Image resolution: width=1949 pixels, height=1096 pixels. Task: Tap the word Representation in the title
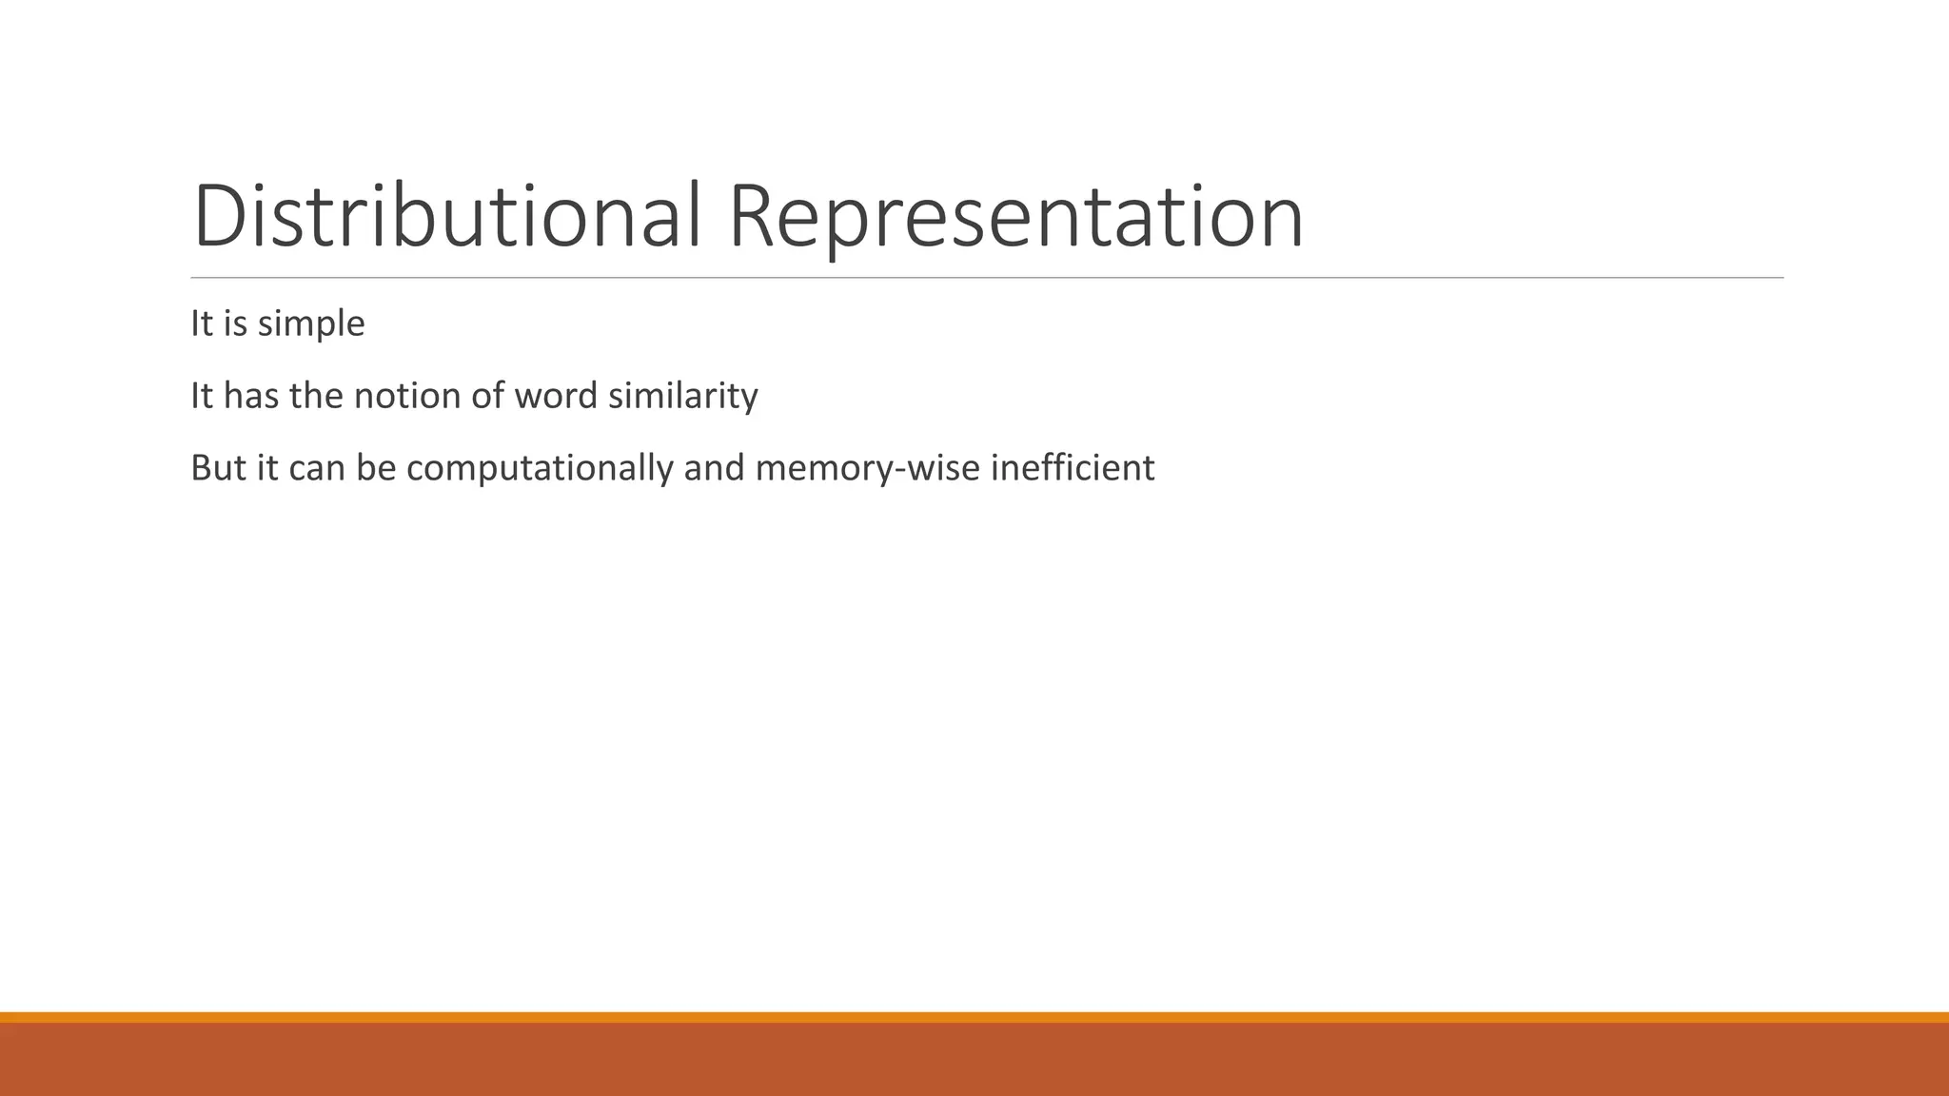tap(1015, 219)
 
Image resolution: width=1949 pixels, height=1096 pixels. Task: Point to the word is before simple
tap(235, 323)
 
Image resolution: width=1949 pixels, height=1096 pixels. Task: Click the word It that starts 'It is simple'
tap(201, 323)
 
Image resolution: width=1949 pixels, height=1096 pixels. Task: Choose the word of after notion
tap(486, 396)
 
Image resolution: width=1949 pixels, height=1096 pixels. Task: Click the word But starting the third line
tap(218, 468)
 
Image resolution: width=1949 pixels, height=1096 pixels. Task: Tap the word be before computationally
tap(376, 468)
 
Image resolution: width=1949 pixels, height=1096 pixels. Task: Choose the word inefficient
tap(1073, 468)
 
